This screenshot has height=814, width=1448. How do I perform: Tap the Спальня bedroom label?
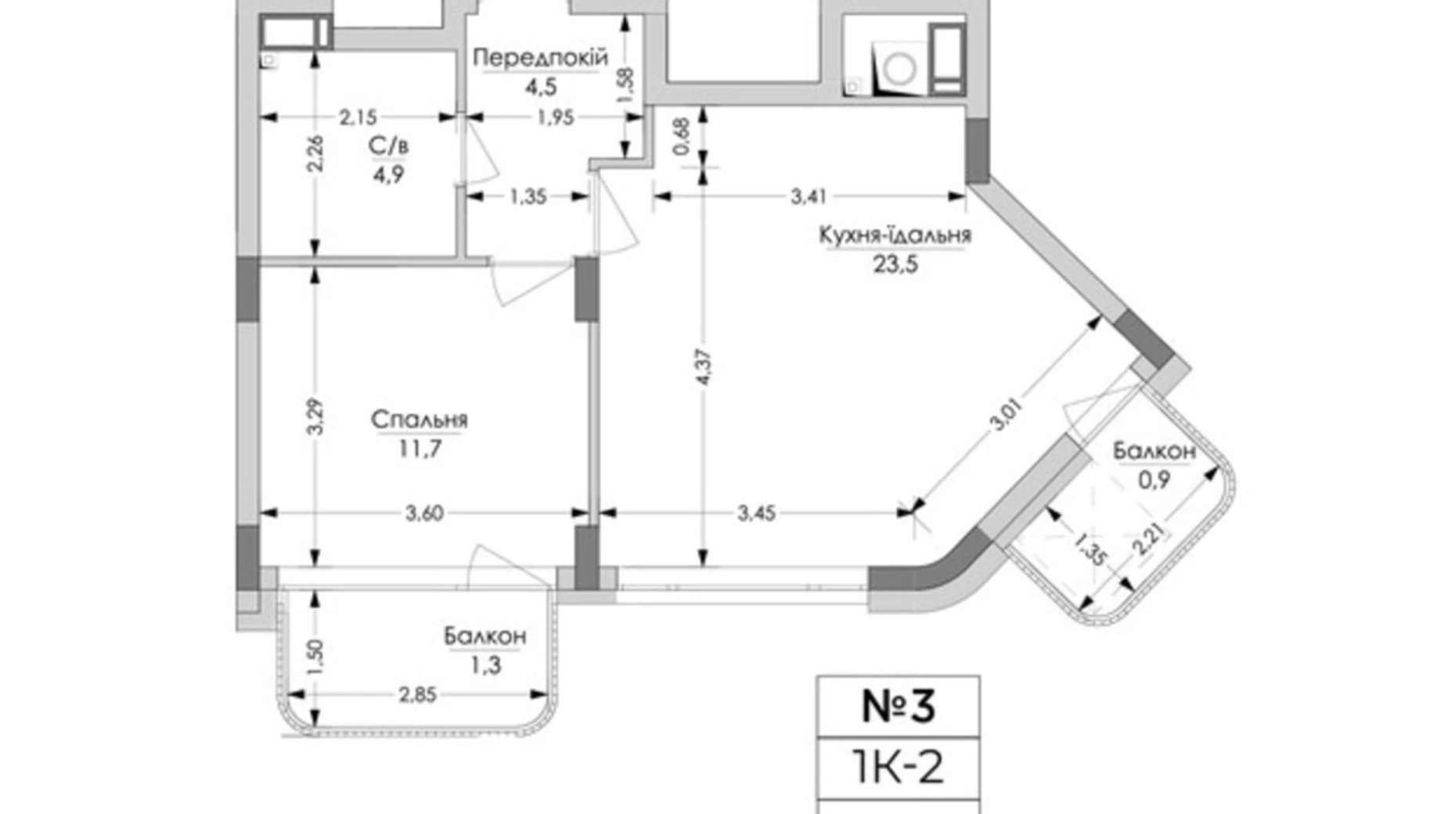[420, 420]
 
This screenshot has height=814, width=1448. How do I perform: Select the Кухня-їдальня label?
[895, 235]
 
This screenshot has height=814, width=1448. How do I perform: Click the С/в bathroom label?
[388, 146]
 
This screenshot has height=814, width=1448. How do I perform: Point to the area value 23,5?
[895, 265]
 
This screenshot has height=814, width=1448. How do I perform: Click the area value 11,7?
[420, 449]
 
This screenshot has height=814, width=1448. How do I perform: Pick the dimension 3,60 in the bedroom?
[424, 513]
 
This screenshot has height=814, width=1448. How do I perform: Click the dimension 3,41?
[808, 196]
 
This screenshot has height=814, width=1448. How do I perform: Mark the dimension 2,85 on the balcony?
[417, 694]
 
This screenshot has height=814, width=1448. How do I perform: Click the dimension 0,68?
[681, 136]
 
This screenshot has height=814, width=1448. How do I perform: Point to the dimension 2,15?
[358, 117]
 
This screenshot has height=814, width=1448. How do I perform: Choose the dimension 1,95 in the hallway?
[555, 117]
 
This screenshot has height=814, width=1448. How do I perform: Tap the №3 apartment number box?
[898, 707]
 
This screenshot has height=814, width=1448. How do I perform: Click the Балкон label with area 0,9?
[1154, 452]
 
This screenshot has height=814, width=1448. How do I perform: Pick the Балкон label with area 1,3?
[484, 637]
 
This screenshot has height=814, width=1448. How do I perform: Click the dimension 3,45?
[756, 513]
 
